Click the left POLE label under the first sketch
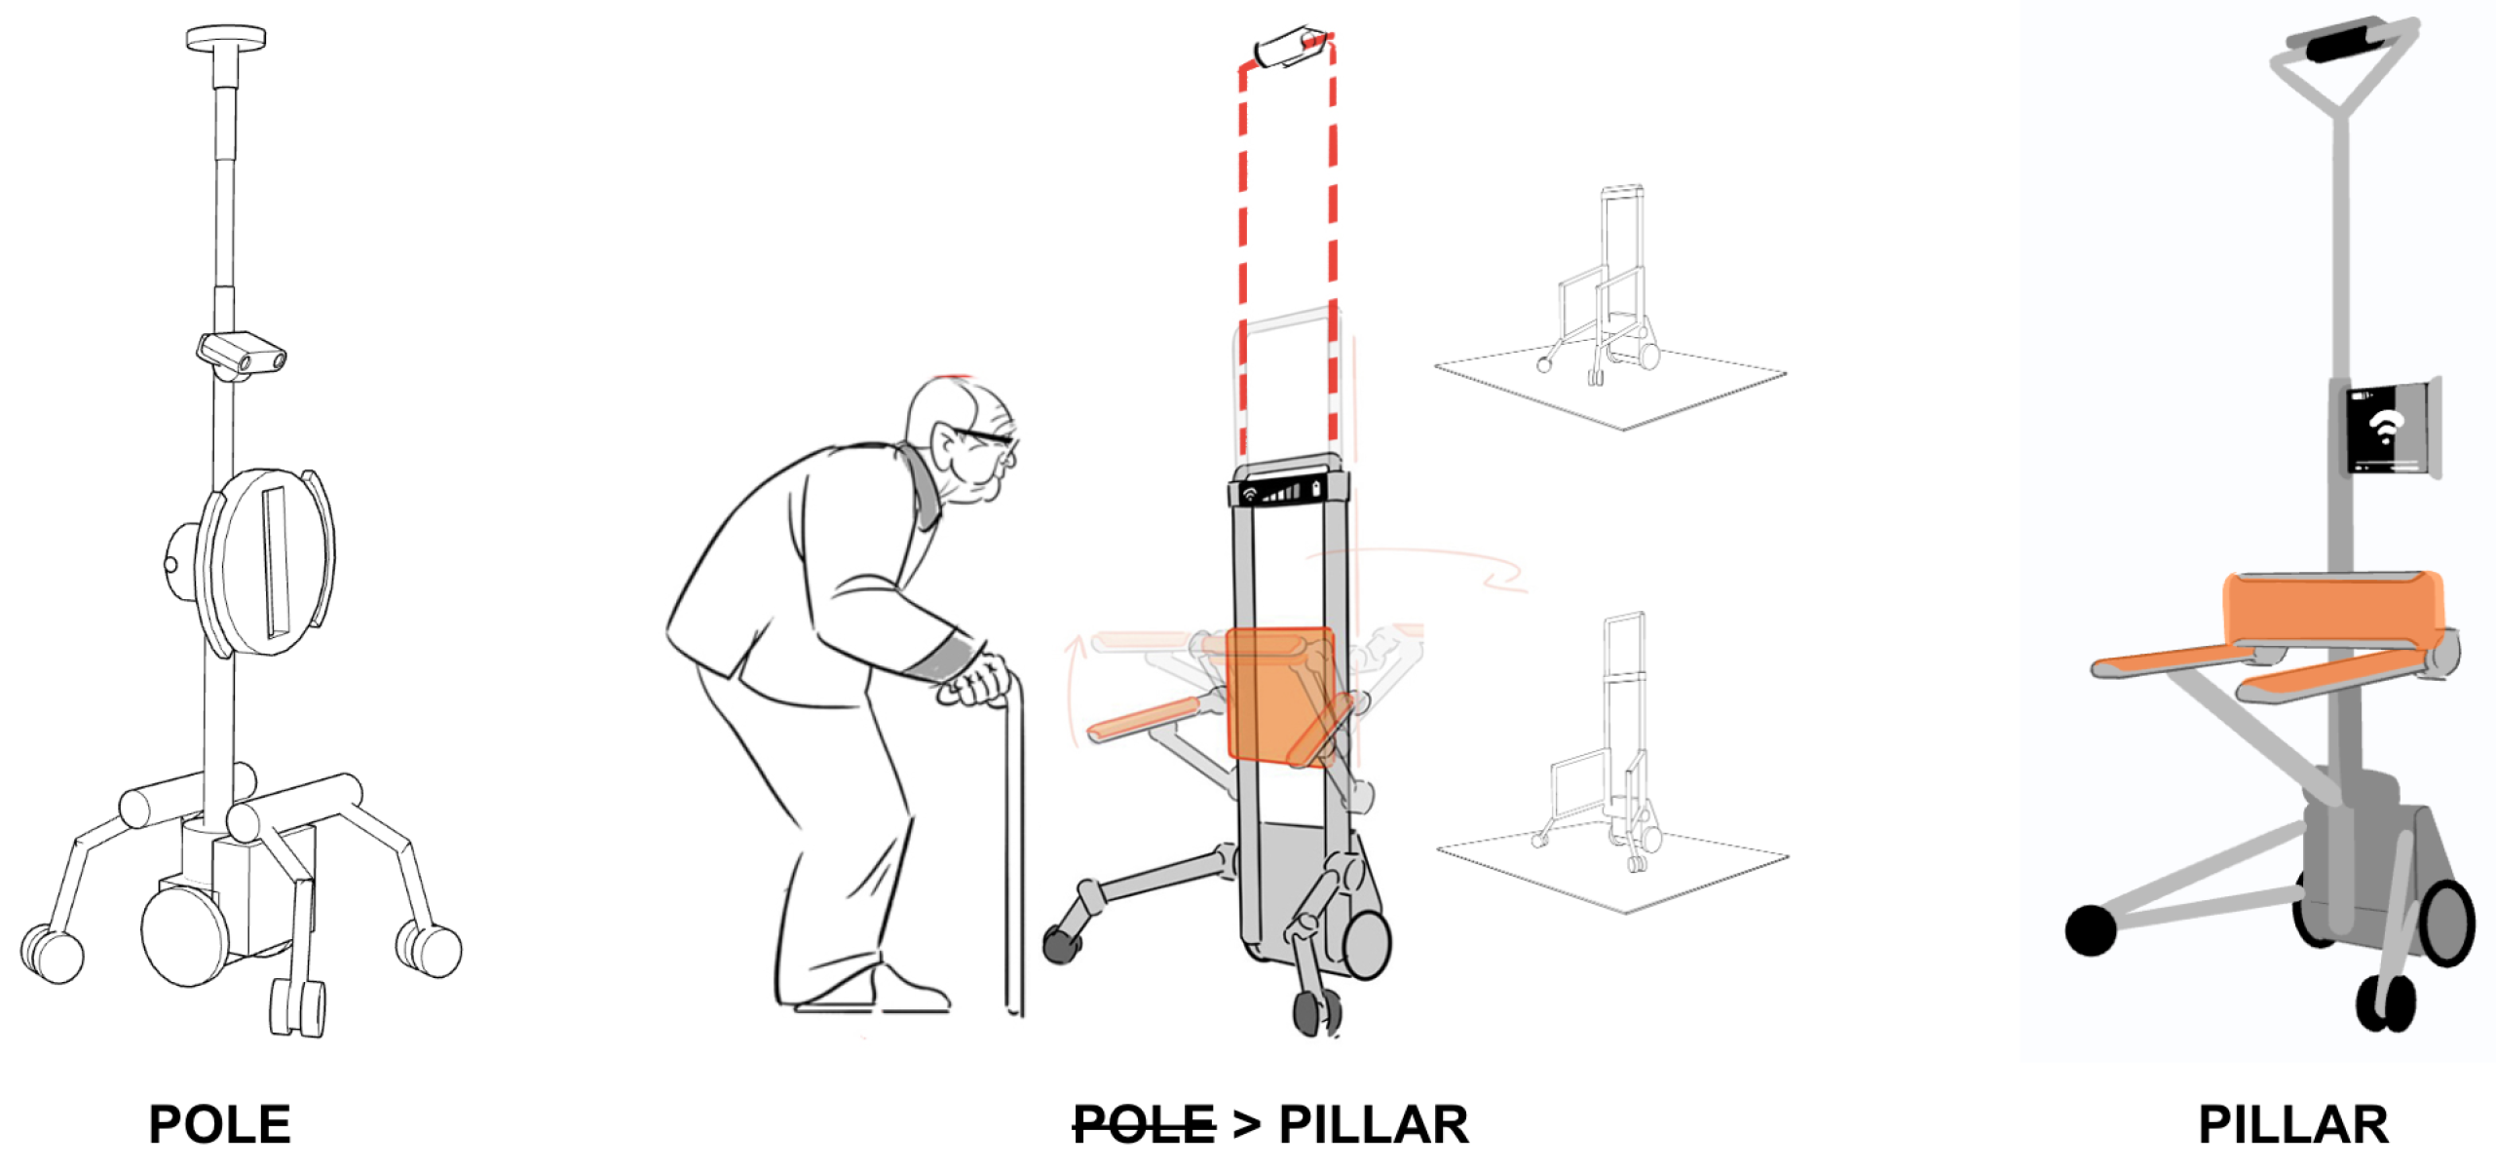tap(220, 1125)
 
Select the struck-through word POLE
tap(1144, 1125)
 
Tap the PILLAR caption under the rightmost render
tap(2293, 1125)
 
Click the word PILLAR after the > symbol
tap(1374, 1125)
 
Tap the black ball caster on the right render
tap(2091, 930)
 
